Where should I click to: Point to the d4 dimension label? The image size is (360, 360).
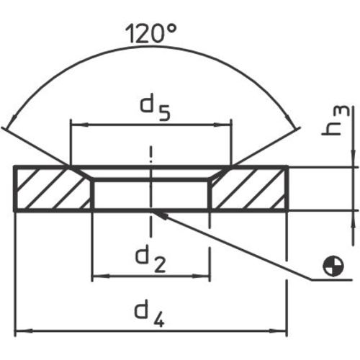click(150, 314)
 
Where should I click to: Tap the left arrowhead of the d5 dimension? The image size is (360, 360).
click(74, 125)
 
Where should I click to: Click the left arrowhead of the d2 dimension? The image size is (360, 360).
click(98, 276)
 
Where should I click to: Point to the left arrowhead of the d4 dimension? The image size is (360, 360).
click(20, 330)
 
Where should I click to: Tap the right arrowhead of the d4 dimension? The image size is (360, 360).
click(282, 330)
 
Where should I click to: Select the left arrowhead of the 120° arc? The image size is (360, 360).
click(9, 122)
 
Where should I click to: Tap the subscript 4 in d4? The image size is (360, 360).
click(161, 320)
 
